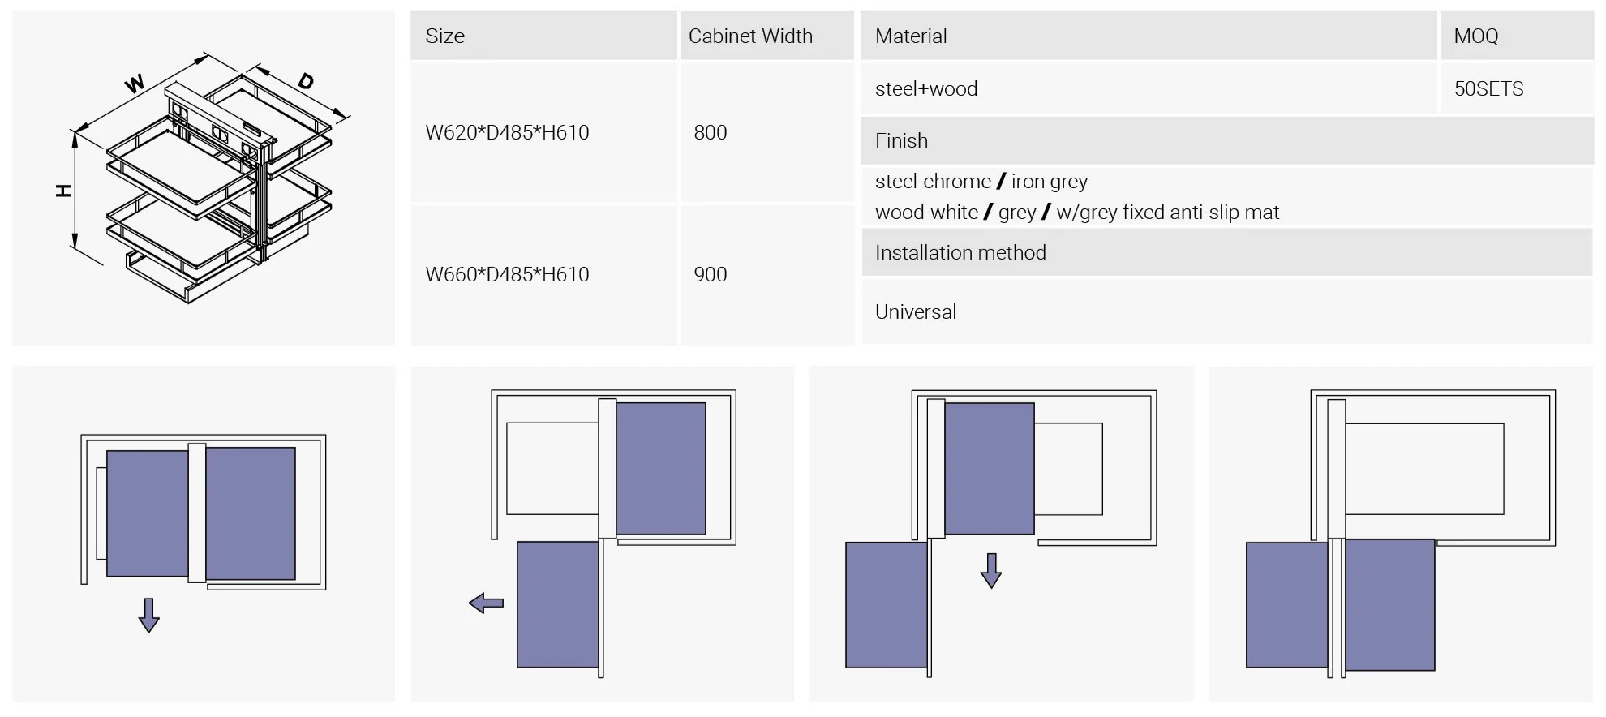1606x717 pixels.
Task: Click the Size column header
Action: coord(444,36)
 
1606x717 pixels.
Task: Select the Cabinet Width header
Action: coord(750,36)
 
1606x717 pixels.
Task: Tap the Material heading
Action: coord(911,36)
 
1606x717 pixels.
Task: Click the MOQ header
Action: coord(1475,36)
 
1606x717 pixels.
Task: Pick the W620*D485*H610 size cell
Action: coord(507,132)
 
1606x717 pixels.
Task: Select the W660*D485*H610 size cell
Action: coord(507,274)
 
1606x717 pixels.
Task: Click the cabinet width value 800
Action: coord(710,132)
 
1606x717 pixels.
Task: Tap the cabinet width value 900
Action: coord(710,274)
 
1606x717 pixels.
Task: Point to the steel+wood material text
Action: coord(926,89)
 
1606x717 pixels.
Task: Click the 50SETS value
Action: coord(1488,89)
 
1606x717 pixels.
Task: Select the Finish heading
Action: coord(901,141)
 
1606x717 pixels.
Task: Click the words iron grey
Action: coord(1050,182)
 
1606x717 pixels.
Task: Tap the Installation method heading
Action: coord(960,253)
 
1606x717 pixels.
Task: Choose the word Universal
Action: coord(915,312)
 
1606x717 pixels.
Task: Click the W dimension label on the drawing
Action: coord(135,83)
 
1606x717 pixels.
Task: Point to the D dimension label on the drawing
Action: coord(305,81)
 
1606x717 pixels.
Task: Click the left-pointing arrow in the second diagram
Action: coord(486,603)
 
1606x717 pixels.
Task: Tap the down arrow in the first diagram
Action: coord(148,616)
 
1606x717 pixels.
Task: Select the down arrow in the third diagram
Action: coord(990,571)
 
